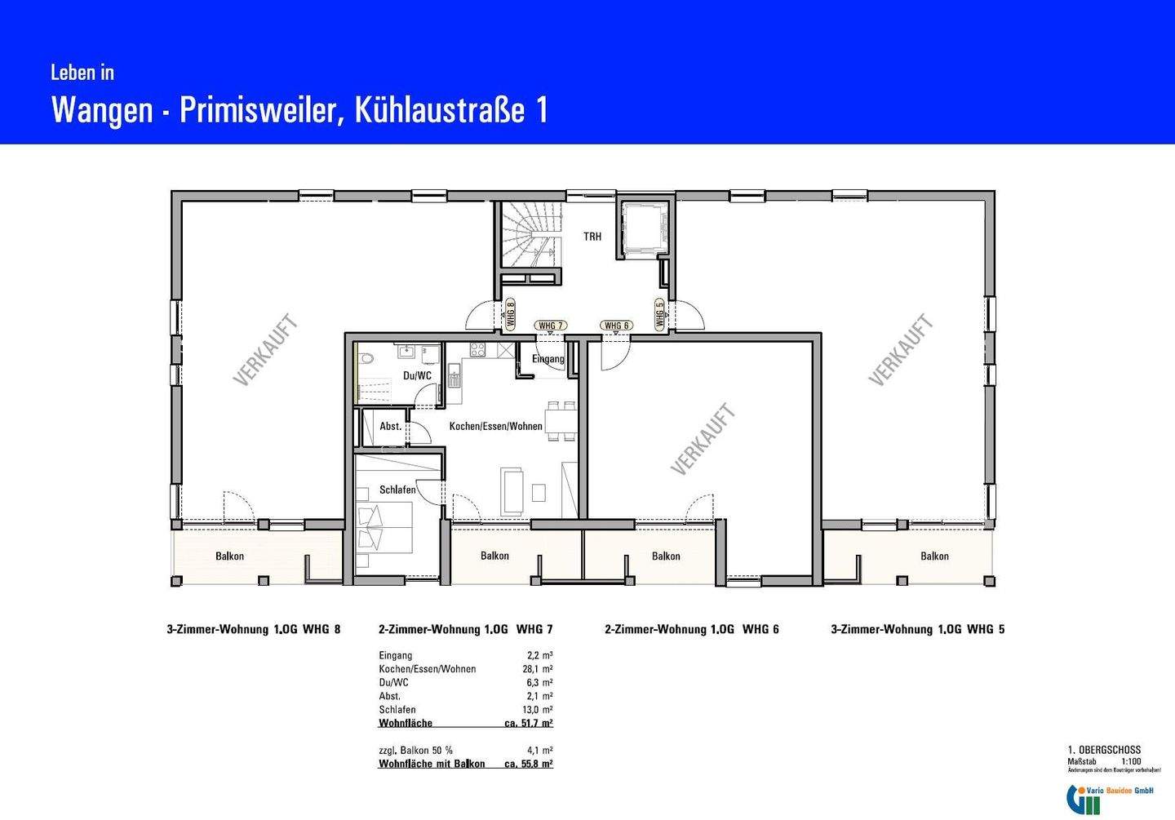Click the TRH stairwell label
coord(592,237)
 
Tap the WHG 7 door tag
coord(551,326)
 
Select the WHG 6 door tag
coord(616,326)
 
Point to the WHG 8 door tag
coord(510,314)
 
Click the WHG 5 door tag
coord(659,314)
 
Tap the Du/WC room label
coord(417,376)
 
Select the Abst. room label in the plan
coord(391,427)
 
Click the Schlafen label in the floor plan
coord(397,490)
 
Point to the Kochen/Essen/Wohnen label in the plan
coord(495,426)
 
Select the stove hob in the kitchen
coord(478,350)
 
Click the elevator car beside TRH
coord(645,228)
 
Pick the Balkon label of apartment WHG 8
coord(229,556)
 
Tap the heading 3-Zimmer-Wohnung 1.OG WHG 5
coord(917,629)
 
